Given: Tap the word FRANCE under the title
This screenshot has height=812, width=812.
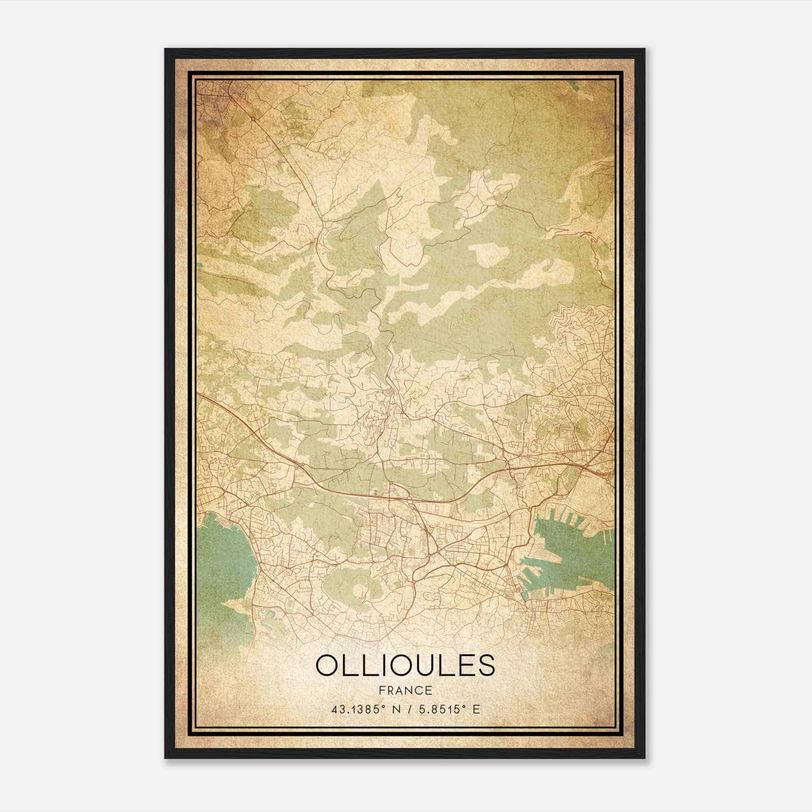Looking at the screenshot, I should [x=404, y=691].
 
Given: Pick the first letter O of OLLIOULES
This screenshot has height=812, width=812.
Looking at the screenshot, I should [x=327, y=666].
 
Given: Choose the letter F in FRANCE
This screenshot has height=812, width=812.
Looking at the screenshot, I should [x=380, y=691].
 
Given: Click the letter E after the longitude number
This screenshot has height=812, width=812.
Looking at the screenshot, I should [x=476, y=709].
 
